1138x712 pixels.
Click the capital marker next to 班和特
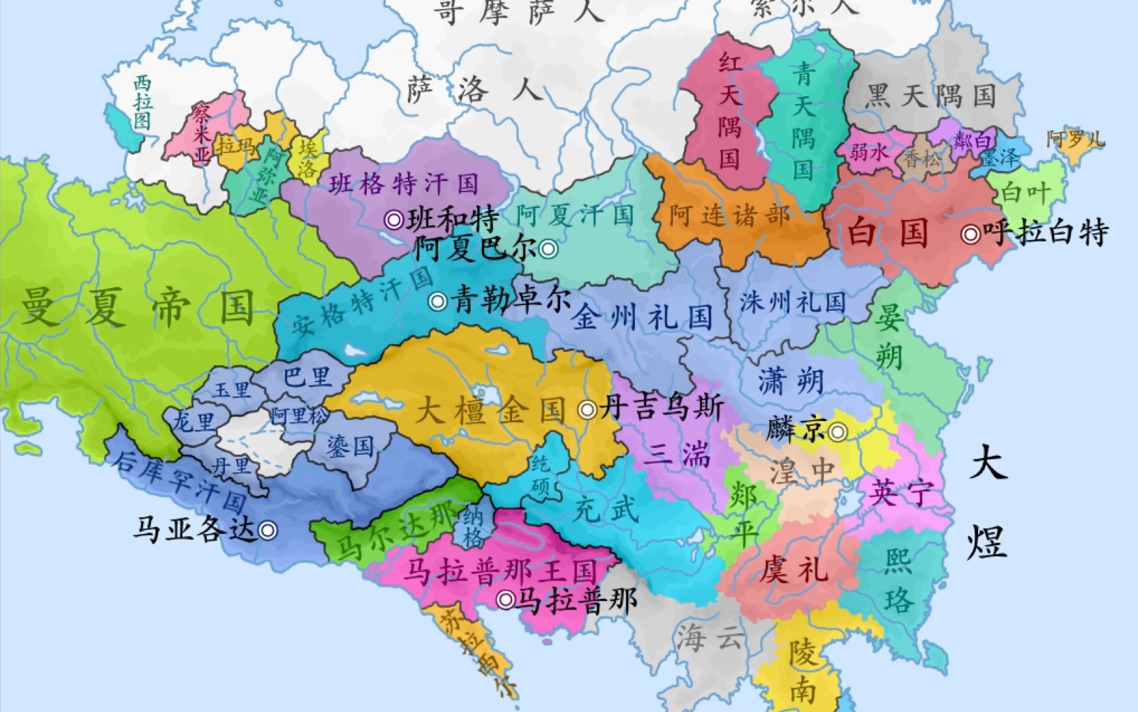pyautogui.click(x=394, y=221)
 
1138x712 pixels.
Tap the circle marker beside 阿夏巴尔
pyautogui.click(x=548, y=249)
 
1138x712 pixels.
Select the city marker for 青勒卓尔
pyautogui.click(x=438, y=302)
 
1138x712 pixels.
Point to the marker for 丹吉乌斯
pyautogui.click(x=588, y=410)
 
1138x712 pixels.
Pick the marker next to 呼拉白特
pyautogui.click(x=970, y=235)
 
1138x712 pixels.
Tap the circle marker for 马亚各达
pyautogui.click(x=268, y=531)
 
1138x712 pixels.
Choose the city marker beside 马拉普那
pyautogui.click(x=506, y=600)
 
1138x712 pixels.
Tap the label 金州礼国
pyautogui.click(x=642, y=318)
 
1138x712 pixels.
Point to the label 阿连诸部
pyautogui.click(x=729, y=216)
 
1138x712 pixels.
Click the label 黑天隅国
pyautogui.click(x=931, y=96)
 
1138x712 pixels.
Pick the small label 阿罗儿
pyautogui.click(x=1075, y=140)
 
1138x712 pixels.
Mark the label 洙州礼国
pyautogui.click(x=793, y=302)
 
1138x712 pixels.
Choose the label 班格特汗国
pyautogui.click(x=404, y=184)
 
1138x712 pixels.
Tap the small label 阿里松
pyautogui.click(x=300, y=417)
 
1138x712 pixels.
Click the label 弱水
pyautogui.click(x=868, y=152)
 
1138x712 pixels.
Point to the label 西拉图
pyautogui.click(x=143, y=103)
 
